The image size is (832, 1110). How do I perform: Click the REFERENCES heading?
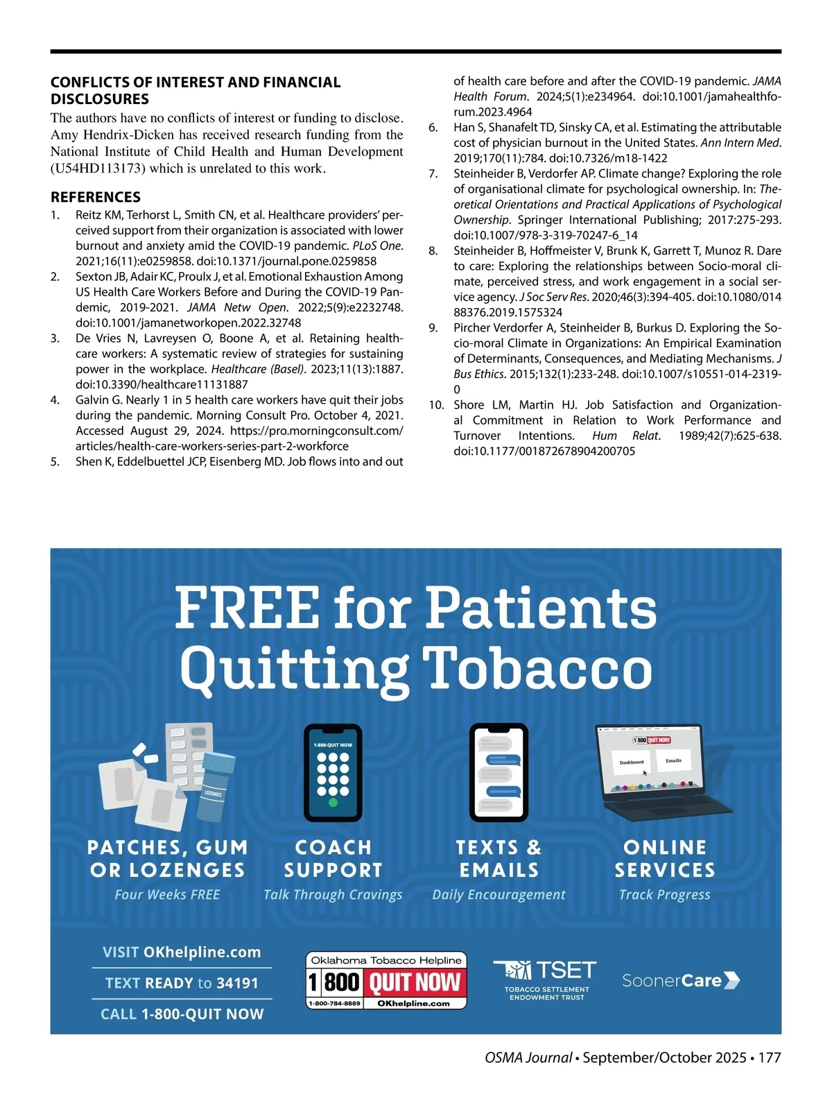[x=96, y=197]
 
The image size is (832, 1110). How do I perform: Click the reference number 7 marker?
[x=433, y=173]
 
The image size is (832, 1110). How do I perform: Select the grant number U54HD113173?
[x=98, y=169]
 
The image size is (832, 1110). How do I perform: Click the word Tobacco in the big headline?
[x=538, y=667]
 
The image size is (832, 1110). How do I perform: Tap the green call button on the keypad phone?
[x=333, y=803]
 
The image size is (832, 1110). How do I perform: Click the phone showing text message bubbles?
[x=499, y=771]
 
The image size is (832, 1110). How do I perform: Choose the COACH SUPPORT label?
[x=333, y=858]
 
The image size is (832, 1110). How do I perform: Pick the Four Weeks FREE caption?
[x=167, y=895]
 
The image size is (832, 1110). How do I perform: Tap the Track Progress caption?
[x=664, y=895]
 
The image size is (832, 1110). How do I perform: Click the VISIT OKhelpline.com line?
[x=182, y=953]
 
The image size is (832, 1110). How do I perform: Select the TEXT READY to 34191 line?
[x=182, y=983]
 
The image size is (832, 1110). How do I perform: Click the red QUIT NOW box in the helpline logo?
[x=415, y=982]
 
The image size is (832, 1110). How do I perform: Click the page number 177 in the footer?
[x=770, y=1058]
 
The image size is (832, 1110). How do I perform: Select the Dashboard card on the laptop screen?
[x=632, y=762]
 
